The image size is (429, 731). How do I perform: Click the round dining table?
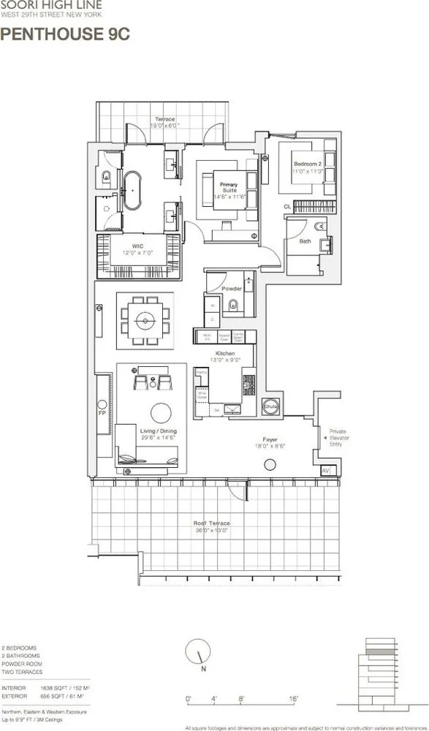[x=145, y=321]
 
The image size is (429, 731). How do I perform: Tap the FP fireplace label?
[x=101, y=412]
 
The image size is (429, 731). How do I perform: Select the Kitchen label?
[x=225, y=355]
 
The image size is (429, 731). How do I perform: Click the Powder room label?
[x=232, y=288]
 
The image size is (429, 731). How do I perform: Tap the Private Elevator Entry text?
[x=343, y=436]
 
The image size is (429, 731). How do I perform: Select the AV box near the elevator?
[x=325, y=470]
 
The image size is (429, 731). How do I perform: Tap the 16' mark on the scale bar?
[x=293, y=699]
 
